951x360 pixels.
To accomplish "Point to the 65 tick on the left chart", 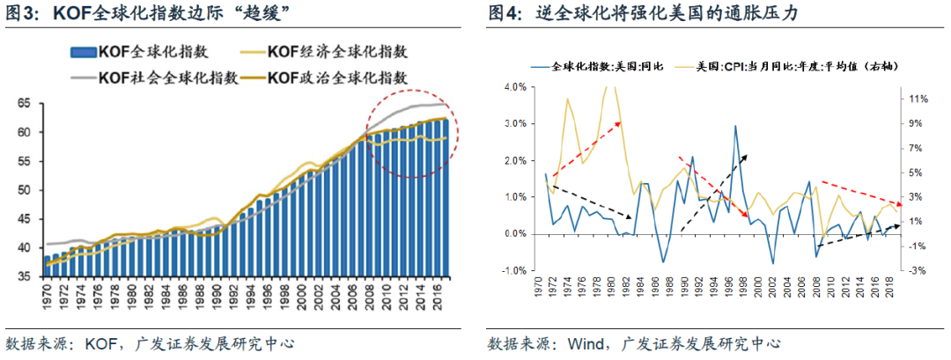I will pyautogui.click(x=24, y=104).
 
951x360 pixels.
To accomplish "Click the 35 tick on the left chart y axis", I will pyautogui.click(x=24, y=276).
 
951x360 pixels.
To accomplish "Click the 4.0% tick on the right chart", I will pyautogui.click(x=513, y=87).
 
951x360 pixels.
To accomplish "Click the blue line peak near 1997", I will pyautogui.click(x=735, y=126).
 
